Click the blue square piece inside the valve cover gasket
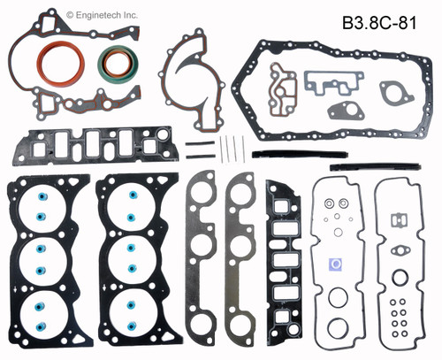pyautogui.click(x=336, y=264)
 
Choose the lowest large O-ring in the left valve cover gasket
pyautogui.click(x=337, y=328)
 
